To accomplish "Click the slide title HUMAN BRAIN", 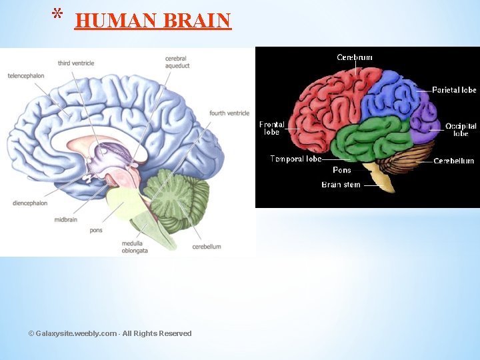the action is (x=153, y=21).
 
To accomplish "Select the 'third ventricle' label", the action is (x=76, y=63).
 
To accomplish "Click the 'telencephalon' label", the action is (x=26, y=75).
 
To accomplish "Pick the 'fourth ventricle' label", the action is (x=229, y=113).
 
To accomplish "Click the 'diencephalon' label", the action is (x=30, y=203).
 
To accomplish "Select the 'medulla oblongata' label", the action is (x=135, y=247).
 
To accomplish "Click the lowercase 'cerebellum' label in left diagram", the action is (x=207, y=247).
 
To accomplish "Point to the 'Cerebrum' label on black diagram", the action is (x=355, y=57).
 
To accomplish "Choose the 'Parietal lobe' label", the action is (x=454, y=90).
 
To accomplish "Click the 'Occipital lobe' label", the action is (x=461, y=129).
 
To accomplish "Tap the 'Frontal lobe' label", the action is (x=272, y=128).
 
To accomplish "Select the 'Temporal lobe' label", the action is (x=296, y=159).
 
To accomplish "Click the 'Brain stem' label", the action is (x=341, y=185).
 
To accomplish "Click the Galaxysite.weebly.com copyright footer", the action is (x=110, y=333).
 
